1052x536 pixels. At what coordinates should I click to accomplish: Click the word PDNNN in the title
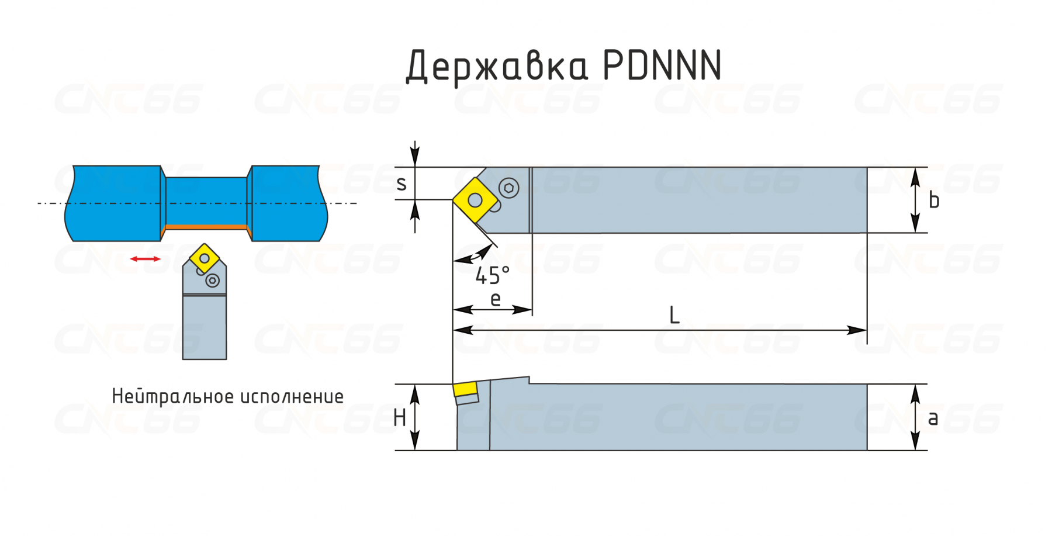click(662, 65)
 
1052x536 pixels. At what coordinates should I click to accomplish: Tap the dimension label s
click(401, 184)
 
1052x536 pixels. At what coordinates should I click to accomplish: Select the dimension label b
click(934, 200)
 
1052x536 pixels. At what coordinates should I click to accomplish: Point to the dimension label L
click(674, 316)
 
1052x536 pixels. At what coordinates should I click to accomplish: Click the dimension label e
click(496, 299)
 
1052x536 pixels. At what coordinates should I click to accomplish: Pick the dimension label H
click(400, 418)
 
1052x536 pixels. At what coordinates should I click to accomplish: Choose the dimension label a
click(933, 419)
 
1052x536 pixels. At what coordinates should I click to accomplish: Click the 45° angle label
click(492, 275)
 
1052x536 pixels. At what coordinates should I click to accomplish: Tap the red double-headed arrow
click(145, 259)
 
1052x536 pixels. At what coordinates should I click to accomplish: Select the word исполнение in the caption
click(292, 397)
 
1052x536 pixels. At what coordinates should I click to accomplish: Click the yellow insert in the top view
click(475, 200)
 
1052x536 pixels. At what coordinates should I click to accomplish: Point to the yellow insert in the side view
click(465, 390)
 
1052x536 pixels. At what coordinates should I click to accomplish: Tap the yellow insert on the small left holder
click(205, 258)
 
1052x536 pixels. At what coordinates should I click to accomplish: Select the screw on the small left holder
click(213, 281)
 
